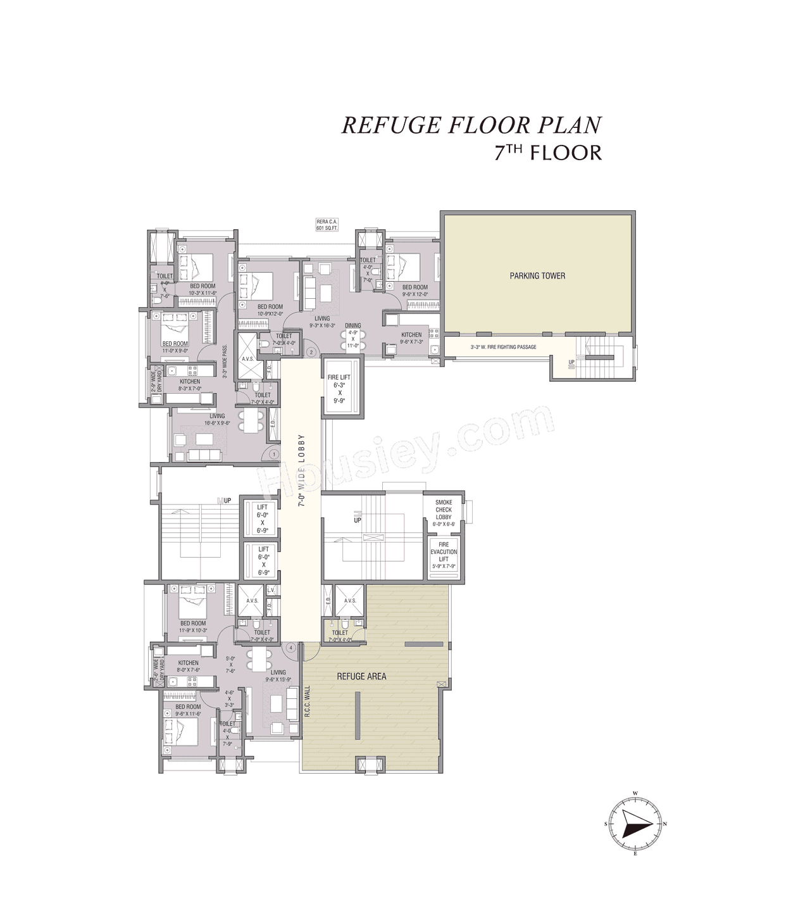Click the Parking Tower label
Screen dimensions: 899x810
pos(537,275)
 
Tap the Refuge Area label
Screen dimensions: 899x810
pos(361,676)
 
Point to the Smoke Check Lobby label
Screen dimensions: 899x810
pos(444,510)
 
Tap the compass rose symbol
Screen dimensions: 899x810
pos(635,824)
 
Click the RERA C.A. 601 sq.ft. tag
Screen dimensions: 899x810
pos(327,225)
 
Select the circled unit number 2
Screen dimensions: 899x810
pos(311,352)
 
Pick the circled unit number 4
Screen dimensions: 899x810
pos(291,648)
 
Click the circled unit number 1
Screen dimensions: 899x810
pos(273,454)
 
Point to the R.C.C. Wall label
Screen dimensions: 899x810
pos(307,701)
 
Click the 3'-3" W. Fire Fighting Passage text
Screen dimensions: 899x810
pos(503,347)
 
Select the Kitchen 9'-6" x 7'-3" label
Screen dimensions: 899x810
pos(411,338)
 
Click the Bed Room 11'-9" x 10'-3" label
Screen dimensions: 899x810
pos(193,627)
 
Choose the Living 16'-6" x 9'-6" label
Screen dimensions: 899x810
pos(217,420)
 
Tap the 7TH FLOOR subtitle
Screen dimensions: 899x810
pos(548,153)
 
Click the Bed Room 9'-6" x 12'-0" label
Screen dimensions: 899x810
pos(415,291)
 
